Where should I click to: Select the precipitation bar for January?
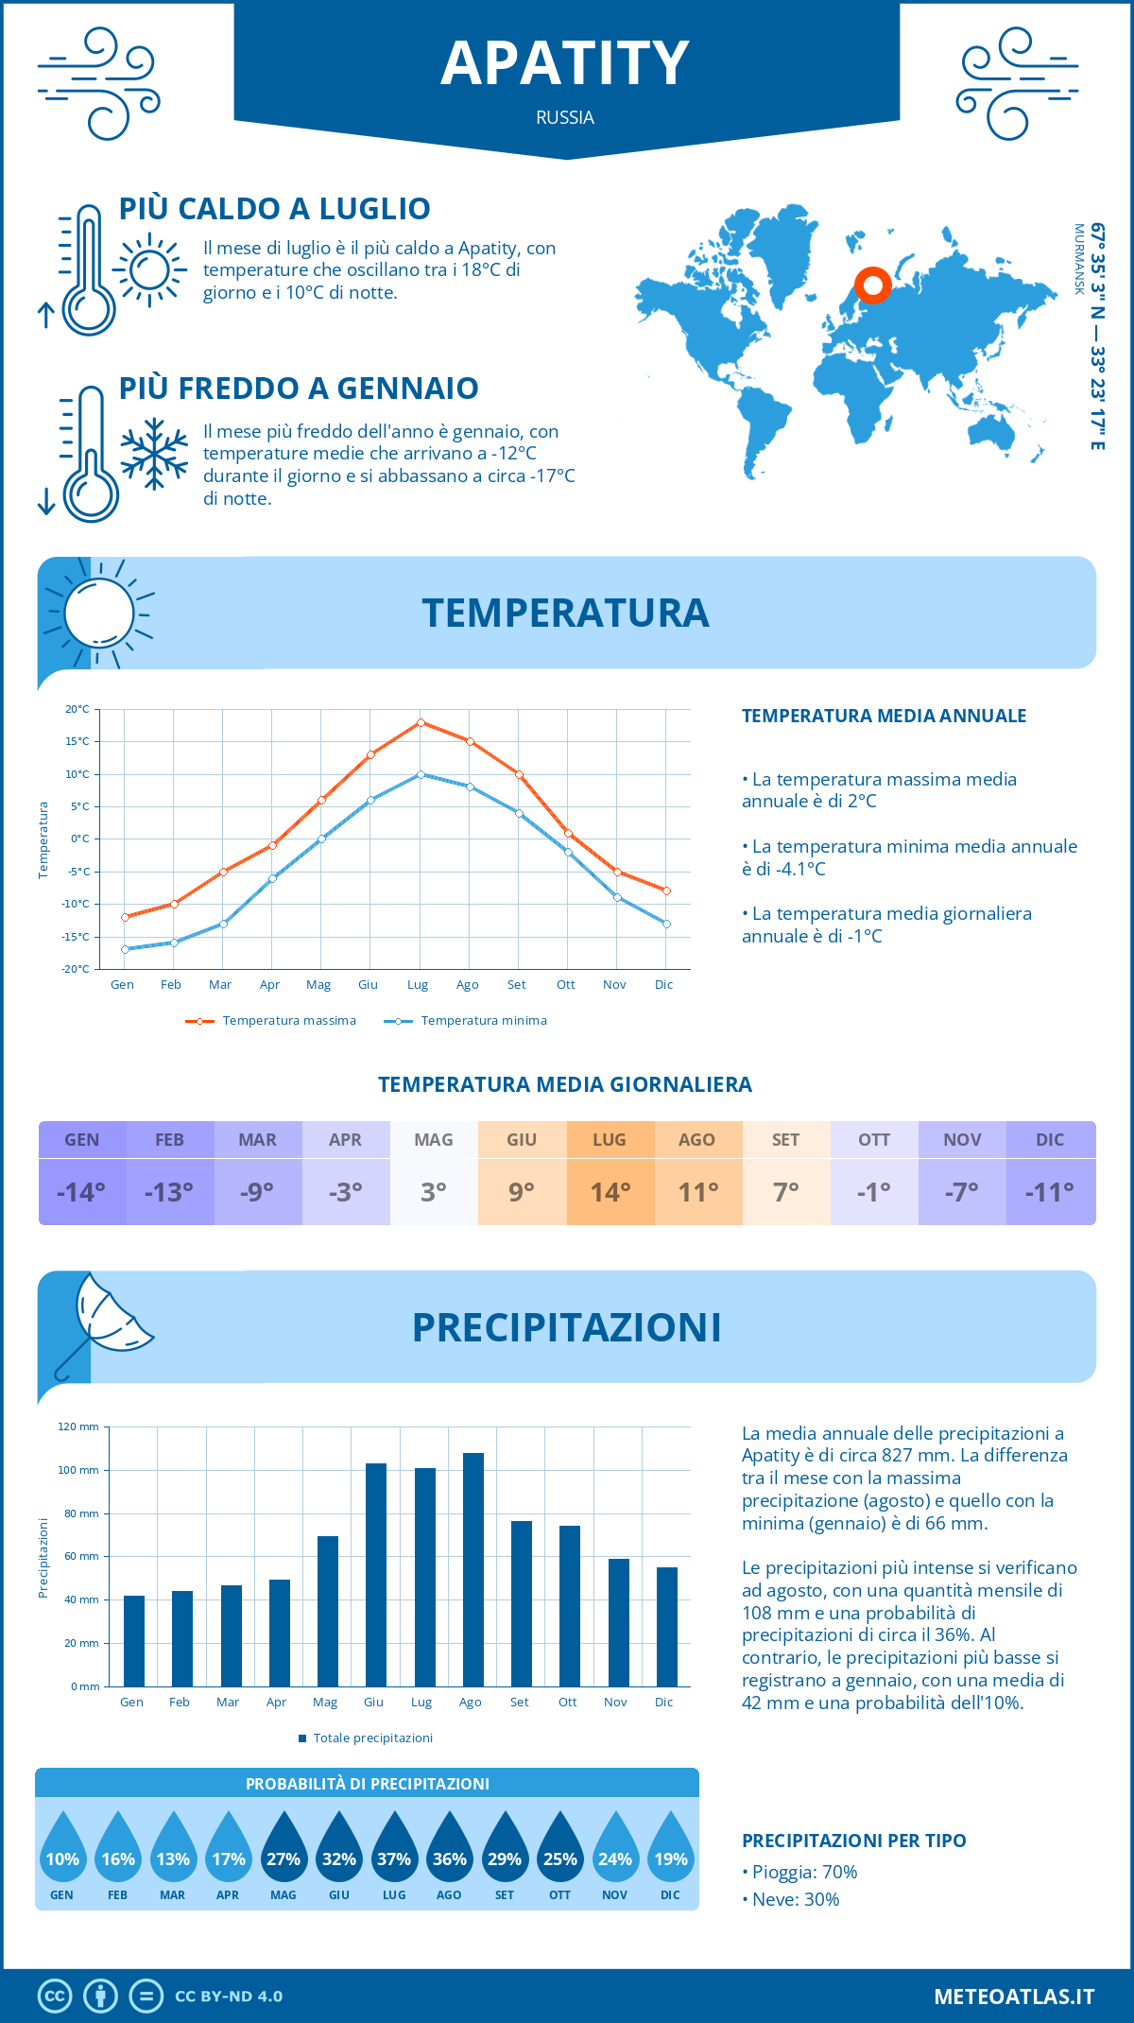pos(134,1641)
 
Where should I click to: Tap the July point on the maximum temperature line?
pos(421,722)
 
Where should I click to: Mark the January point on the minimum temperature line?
pos(125,949)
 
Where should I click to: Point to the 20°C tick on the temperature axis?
pos(77,709)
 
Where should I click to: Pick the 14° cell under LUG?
pos(610,1192)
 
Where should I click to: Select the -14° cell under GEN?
pos(81,1192)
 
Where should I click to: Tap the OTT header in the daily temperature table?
pos(874,1140)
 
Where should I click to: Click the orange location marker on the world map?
pos(872,285)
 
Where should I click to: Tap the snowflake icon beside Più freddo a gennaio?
pos(154,454)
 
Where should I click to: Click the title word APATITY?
pos(565,64)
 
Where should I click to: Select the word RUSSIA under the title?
pos(565,118)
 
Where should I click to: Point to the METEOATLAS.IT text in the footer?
pos(1014,1997)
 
